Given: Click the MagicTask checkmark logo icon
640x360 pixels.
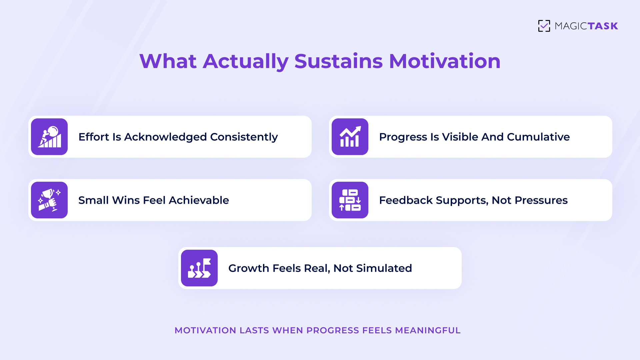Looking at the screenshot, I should tap(544, 26).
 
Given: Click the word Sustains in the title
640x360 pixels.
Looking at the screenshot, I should tap(338, 61).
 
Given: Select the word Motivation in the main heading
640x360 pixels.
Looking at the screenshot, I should tap(445, 61).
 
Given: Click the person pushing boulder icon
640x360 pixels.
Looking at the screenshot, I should tap(49, 137).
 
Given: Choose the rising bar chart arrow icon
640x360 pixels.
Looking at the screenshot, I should tap(350, 137).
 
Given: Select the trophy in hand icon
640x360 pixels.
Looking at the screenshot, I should tap(49, 200).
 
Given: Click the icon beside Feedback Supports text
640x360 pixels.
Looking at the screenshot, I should tap(350, 200).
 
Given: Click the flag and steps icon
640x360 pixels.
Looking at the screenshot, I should tap(199, 268).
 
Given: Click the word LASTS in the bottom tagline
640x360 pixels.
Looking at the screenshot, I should tap(254, 330).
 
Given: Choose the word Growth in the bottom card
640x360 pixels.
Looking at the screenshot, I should tap(248, 268).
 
